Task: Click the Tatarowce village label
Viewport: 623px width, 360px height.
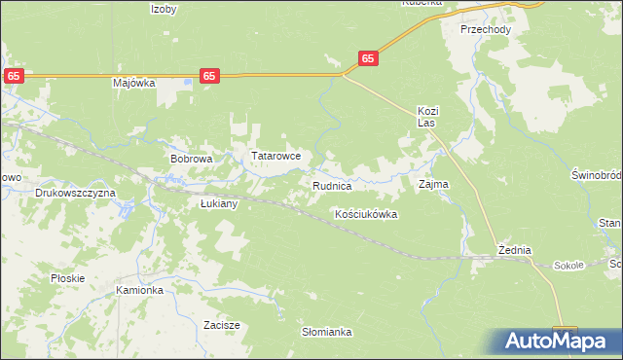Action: pos(282,156)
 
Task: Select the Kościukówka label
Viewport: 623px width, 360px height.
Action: pos(366,214)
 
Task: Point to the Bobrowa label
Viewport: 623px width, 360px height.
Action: pos(191,158)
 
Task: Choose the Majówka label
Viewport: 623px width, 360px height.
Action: pos(134,83)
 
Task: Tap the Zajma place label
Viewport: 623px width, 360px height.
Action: pos(433,184)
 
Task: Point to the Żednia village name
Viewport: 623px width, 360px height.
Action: pos(514,250)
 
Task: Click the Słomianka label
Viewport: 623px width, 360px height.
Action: pos(326,332)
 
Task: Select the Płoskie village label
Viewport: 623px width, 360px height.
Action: pos(68,278)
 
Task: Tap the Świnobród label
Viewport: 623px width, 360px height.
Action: pos(596,175)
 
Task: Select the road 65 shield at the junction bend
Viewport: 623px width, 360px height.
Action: pos(367,58)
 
